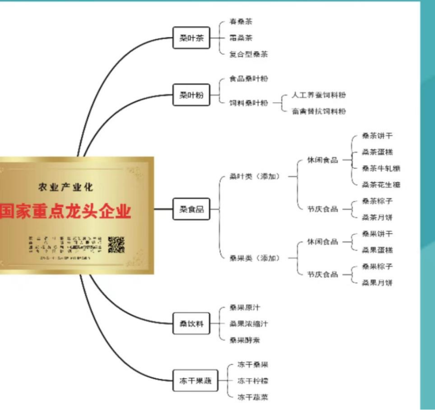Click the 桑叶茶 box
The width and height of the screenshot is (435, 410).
pos(191,38)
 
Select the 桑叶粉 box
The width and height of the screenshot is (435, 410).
pos(191,95)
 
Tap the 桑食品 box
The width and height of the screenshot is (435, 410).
pos(191,209)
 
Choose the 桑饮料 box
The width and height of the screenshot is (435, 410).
pos(191,324)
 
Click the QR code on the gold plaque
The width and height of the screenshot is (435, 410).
pos(116,245)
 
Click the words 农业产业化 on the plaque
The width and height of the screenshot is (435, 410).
pos(66,187)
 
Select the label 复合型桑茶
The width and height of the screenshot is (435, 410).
pos(248,54)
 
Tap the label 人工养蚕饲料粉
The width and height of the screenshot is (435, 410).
pos(319,95)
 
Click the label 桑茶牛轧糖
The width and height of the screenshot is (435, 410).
pos(381,168)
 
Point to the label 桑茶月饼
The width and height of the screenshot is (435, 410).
pos(377,217)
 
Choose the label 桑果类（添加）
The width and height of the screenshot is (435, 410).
pos(254,258)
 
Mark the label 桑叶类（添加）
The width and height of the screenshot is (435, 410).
pos(254,177)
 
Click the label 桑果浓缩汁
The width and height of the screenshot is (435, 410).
pos(248,324)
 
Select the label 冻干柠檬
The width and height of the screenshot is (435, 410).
pos(253,381)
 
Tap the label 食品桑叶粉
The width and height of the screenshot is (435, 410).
pos(248,79)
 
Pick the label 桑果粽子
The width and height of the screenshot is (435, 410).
pos(377,267)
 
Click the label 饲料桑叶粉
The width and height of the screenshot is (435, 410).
pos(248,103)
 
